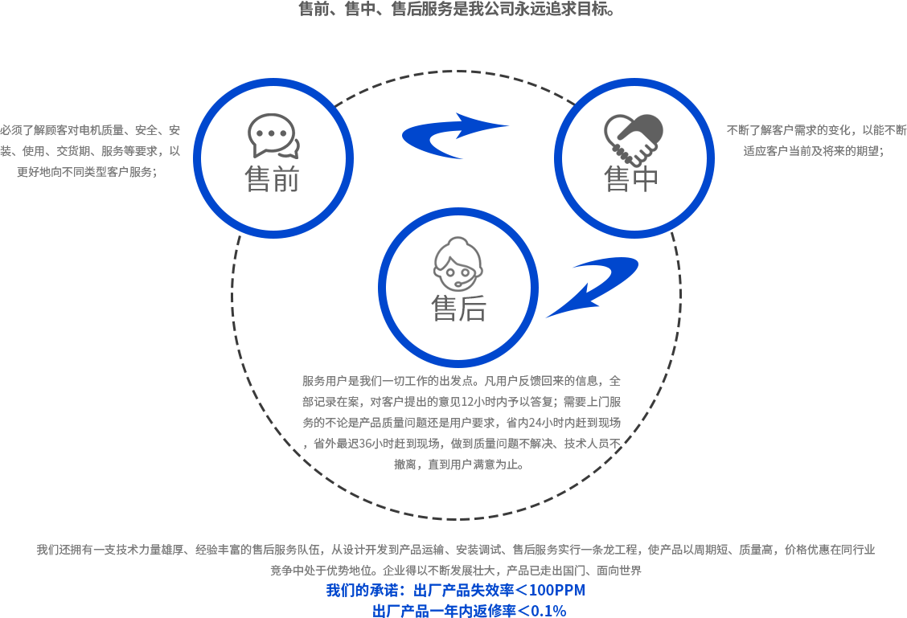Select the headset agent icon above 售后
point(458,264)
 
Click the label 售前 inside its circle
point(273,179)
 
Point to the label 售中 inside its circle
point(632,179)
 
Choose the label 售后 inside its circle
point(458,309)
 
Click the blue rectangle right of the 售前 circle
point(429,136)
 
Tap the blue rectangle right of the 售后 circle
point(618,283)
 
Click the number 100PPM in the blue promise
point(557,591)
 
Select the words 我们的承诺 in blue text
point(358,591)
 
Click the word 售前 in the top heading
point(314,10)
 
